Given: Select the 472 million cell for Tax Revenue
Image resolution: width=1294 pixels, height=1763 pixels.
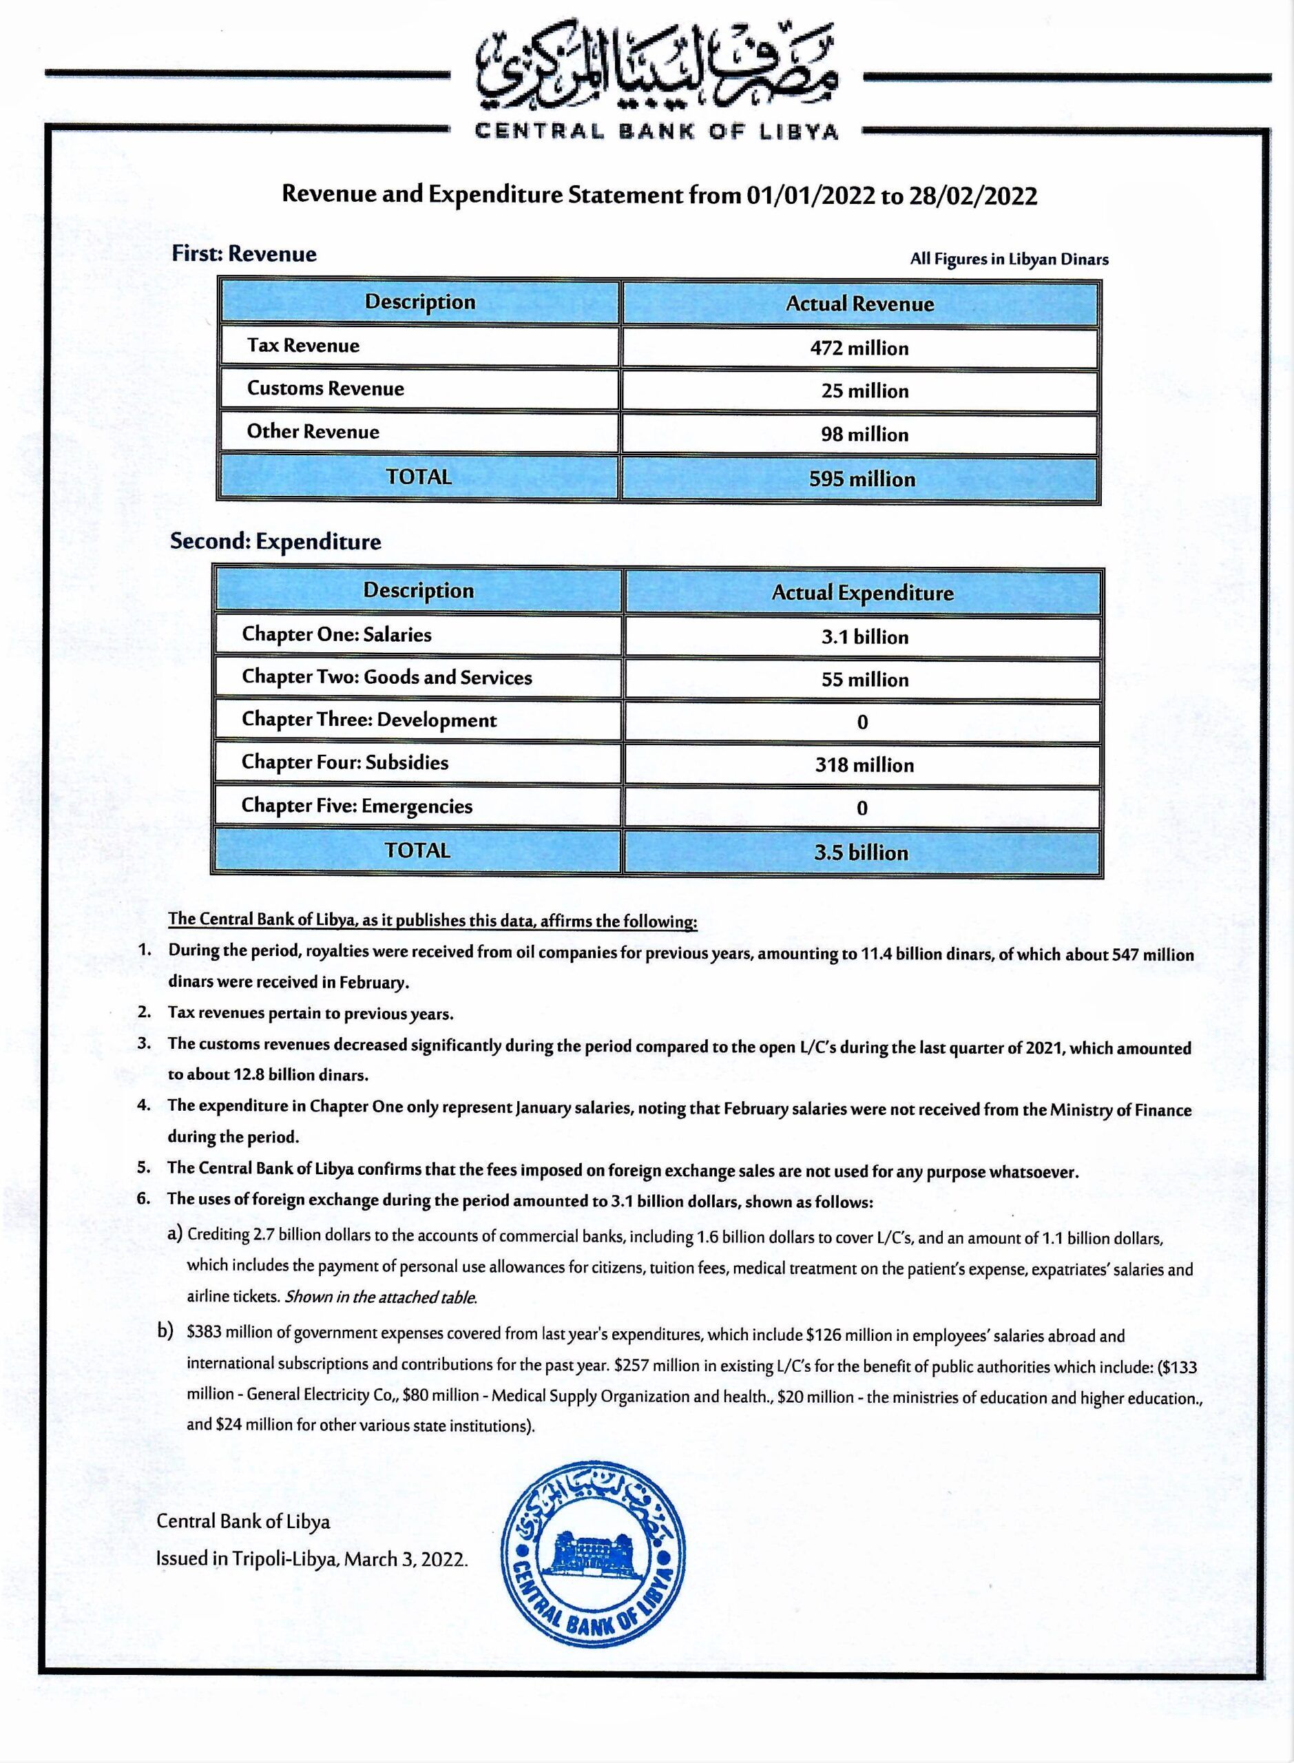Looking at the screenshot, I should click(x=859, y=348).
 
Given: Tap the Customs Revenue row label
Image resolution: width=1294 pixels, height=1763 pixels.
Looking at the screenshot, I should click(x=325, y=388).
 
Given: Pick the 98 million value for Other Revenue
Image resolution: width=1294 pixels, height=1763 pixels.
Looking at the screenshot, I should click(x=864, y=435).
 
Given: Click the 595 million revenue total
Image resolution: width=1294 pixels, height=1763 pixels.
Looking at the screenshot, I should click(x=862, y=479).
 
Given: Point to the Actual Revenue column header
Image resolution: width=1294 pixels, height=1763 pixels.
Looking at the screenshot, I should click(x=859, y=304).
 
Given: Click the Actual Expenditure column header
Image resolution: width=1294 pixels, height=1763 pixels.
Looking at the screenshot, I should click(x=862, y=593).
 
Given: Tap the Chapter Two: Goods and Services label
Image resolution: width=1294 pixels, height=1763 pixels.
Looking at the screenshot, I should click(x=386, y=678).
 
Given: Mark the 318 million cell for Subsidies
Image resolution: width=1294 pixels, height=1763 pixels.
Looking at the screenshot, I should click(x=864, y=765).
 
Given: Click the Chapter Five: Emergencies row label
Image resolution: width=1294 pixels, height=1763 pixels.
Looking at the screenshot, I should click(x=357, y=806).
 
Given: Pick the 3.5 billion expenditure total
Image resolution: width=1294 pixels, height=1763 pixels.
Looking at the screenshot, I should click(x=861, y=852).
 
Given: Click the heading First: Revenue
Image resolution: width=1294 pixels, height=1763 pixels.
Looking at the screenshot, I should click(x=244, y=253).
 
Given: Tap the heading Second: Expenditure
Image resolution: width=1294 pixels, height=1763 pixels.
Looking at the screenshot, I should click(x=275, y=541).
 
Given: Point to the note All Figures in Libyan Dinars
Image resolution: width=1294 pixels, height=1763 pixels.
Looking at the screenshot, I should click(x=1009, y=259).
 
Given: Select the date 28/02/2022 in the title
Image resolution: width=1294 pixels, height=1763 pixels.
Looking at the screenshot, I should click(x=972, y=195).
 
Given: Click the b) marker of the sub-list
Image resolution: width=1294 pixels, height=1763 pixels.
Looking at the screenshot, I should click(x=165, y=1331).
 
